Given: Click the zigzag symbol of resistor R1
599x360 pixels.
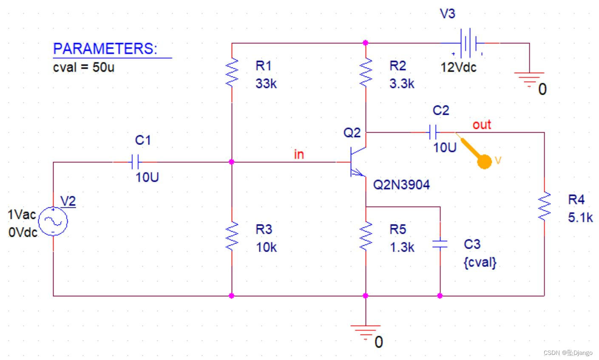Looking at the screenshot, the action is [232, 72].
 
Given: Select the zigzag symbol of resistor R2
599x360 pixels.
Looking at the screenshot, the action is [366, 72].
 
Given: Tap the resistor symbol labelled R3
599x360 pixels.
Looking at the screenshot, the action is [232, 236].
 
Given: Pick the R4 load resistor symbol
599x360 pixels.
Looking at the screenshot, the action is [545, 206].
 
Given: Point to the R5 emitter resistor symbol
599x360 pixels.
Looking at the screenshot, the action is [366, 236].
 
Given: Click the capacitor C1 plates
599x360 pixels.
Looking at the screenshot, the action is [135, 162].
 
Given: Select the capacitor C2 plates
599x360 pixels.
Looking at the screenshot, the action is [433, 132].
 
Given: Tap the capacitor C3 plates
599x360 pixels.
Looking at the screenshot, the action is [440, 244].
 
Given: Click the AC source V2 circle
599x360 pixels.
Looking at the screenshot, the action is [53, 221].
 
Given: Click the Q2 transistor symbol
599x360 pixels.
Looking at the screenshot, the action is [358, 162].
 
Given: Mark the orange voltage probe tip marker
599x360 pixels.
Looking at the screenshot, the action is [484, 162].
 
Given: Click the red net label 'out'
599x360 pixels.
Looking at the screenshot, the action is [482, 125].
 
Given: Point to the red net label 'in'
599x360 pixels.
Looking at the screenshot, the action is [299, 154].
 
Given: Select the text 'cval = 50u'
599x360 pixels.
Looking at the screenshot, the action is [84, 67].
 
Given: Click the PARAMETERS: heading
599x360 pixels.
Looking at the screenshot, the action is [105, 48].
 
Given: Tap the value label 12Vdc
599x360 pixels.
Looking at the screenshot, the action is [458, 67].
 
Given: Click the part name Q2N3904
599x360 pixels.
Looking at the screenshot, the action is [401, 185].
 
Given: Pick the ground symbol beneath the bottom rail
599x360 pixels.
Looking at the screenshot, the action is [366, 333].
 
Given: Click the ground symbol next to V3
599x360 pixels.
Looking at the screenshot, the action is [529, 80].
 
